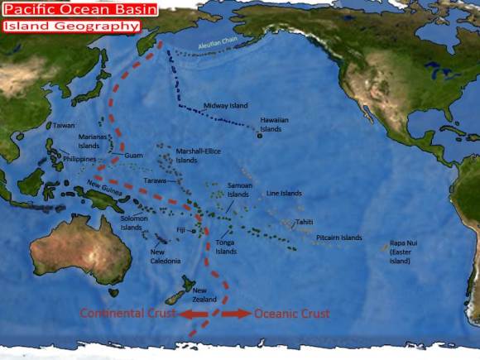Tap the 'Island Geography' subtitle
[x=70, y=26]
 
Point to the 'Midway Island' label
[x=225, y=106]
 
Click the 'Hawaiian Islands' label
[x=274, y=125]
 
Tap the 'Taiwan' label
[x=64, y=126]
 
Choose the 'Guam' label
[x=133, y=156]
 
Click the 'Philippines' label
[x=79, y=159]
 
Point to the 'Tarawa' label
[x=156, y=180]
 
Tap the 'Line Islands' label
[x=284, y=193]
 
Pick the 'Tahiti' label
[x=305, y=222]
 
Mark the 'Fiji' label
[x=181, y=230]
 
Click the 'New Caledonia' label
[x=165, y=257]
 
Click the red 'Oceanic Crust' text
[x=291, y=314]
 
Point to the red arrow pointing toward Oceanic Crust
[x=236, y=314]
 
